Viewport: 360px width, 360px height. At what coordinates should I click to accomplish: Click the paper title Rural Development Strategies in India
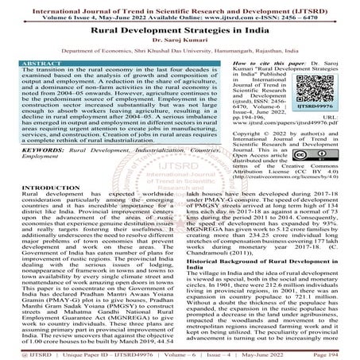pos(179,29)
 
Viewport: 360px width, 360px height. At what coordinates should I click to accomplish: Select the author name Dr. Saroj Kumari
pos(179,41)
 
